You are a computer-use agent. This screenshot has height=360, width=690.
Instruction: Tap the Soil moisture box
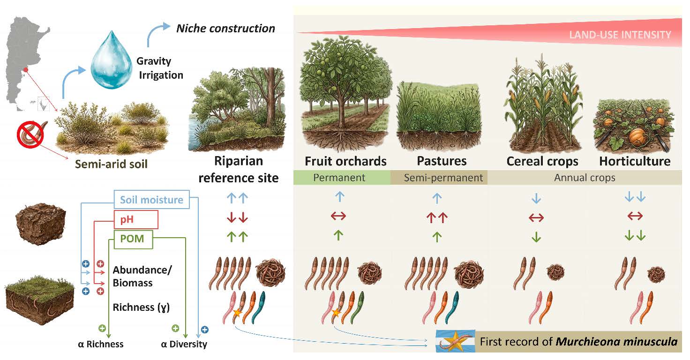click(151, 200)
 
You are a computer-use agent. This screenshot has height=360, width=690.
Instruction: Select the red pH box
click(136, 219)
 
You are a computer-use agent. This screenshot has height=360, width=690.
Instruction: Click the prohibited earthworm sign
click(30, 134)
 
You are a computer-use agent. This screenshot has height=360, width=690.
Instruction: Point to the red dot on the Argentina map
click(26, 70)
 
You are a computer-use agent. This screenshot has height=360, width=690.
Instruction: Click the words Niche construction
click(225, 28)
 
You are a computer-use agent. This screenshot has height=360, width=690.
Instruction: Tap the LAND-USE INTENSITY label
click(620, 35)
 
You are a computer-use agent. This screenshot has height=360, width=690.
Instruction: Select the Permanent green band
click(339, 178)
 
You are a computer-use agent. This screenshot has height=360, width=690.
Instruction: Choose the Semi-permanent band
click(443, 178)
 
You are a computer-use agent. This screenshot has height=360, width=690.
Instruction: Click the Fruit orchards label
click(345, 161)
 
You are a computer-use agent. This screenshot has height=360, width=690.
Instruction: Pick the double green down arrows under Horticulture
click(635, 236)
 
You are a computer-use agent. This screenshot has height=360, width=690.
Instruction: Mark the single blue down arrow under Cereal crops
click(536, 199)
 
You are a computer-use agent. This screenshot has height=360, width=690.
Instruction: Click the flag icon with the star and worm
click(452, 341)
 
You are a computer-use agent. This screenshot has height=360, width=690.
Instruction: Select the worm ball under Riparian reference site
click(270, 272)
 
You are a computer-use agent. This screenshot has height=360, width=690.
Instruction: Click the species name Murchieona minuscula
click(616, 342)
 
